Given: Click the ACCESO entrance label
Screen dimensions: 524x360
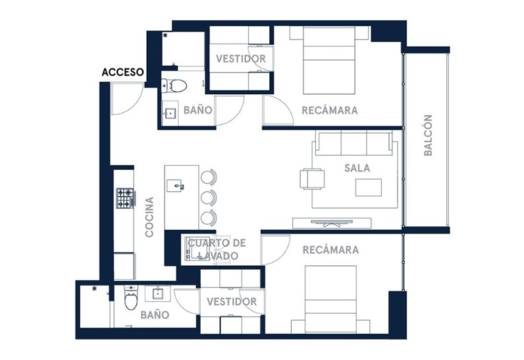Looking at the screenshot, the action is point(122,72).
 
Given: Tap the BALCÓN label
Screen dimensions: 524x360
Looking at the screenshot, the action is point(428,136).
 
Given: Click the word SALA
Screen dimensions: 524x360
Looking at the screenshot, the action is point(357,168).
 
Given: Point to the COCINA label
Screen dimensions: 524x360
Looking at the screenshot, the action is point(149,217).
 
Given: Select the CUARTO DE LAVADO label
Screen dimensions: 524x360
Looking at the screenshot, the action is point(217,249).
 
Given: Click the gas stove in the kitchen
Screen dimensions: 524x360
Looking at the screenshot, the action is point(126,198).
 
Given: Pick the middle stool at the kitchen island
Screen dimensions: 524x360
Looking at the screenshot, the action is point(209,197).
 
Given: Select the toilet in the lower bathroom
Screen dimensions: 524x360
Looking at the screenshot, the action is point(130,297).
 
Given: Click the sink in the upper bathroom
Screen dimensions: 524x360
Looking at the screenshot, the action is point(170,113).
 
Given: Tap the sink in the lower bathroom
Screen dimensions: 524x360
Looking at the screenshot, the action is point(158,294).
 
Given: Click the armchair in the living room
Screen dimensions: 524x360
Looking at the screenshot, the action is point(313,178).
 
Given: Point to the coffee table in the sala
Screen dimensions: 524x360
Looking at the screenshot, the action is point(369,188).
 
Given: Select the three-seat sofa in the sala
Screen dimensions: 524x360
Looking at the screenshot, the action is point(354,143).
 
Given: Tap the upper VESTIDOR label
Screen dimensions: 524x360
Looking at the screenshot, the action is point(241,59).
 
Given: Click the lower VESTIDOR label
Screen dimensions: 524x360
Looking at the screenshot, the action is point(232,302).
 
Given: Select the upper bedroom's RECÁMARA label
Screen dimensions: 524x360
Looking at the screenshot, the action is point(330,111).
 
